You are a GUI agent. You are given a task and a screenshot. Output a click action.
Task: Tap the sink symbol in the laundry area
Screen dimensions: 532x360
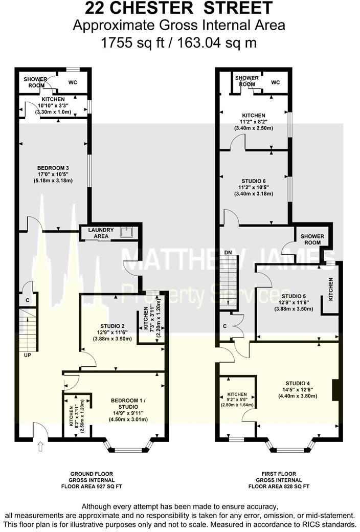126,233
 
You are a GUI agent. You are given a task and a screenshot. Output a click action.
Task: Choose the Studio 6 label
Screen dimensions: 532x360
254,181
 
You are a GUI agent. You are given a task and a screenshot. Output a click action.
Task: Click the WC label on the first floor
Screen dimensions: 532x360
276,82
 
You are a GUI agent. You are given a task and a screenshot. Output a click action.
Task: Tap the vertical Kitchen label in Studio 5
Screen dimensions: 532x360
330,289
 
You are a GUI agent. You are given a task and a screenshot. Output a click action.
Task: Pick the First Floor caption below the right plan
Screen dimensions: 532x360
278,474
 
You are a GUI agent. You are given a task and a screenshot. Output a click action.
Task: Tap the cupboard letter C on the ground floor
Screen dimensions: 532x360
26,300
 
